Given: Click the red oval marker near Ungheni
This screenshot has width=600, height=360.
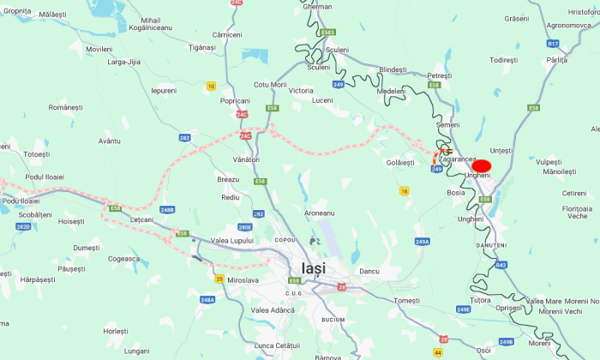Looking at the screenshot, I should (x=481, y=165).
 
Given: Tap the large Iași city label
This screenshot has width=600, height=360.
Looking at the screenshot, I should (x=314, y=267).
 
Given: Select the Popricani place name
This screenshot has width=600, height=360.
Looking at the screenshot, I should (x=235, y=100).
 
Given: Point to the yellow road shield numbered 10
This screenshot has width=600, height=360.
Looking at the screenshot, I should (x=211, y=86).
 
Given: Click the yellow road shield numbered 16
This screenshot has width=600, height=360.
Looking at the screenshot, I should (x=404, y=191).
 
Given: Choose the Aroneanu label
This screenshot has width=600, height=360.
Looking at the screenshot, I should (x=321, y=212).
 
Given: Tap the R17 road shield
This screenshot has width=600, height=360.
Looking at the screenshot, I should (x=552, y=43).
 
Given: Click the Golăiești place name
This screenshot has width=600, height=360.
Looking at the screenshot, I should (x=400, y=162).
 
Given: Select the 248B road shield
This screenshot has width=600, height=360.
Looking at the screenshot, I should (x=166, y=209).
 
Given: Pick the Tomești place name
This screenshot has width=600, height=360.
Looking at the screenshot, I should (x=406, y=301).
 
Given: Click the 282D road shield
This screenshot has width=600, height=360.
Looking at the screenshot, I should (x=23, y=226).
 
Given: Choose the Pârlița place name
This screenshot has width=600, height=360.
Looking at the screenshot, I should (x=557, y=60).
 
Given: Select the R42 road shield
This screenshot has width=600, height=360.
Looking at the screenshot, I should (x=501, y=265).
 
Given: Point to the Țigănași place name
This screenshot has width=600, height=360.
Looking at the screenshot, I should (x=202, y=47).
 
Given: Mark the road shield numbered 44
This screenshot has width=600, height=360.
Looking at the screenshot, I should (x=438, y=351).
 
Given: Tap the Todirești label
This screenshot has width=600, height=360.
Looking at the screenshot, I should (x=504, y=60).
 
